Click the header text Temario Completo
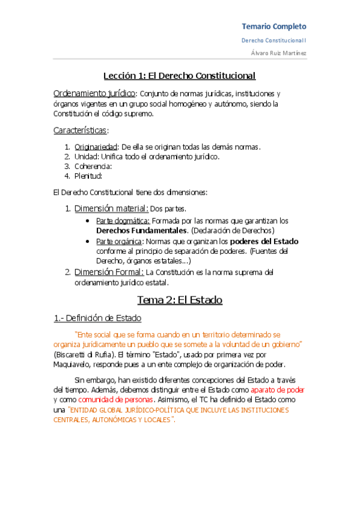point(273,26)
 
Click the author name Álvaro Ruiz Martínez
point(278,53)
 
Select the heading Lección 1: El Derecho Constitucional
point(180,76)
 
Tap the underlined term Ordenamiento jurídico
point(95,94)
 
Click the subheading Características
point(81,130)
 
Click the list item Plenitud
point(88,176)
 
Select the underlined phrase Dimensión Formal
point(109,272)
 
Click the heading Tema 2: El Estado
point(180,300)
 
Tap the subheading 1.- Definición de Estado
point(97,318)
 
